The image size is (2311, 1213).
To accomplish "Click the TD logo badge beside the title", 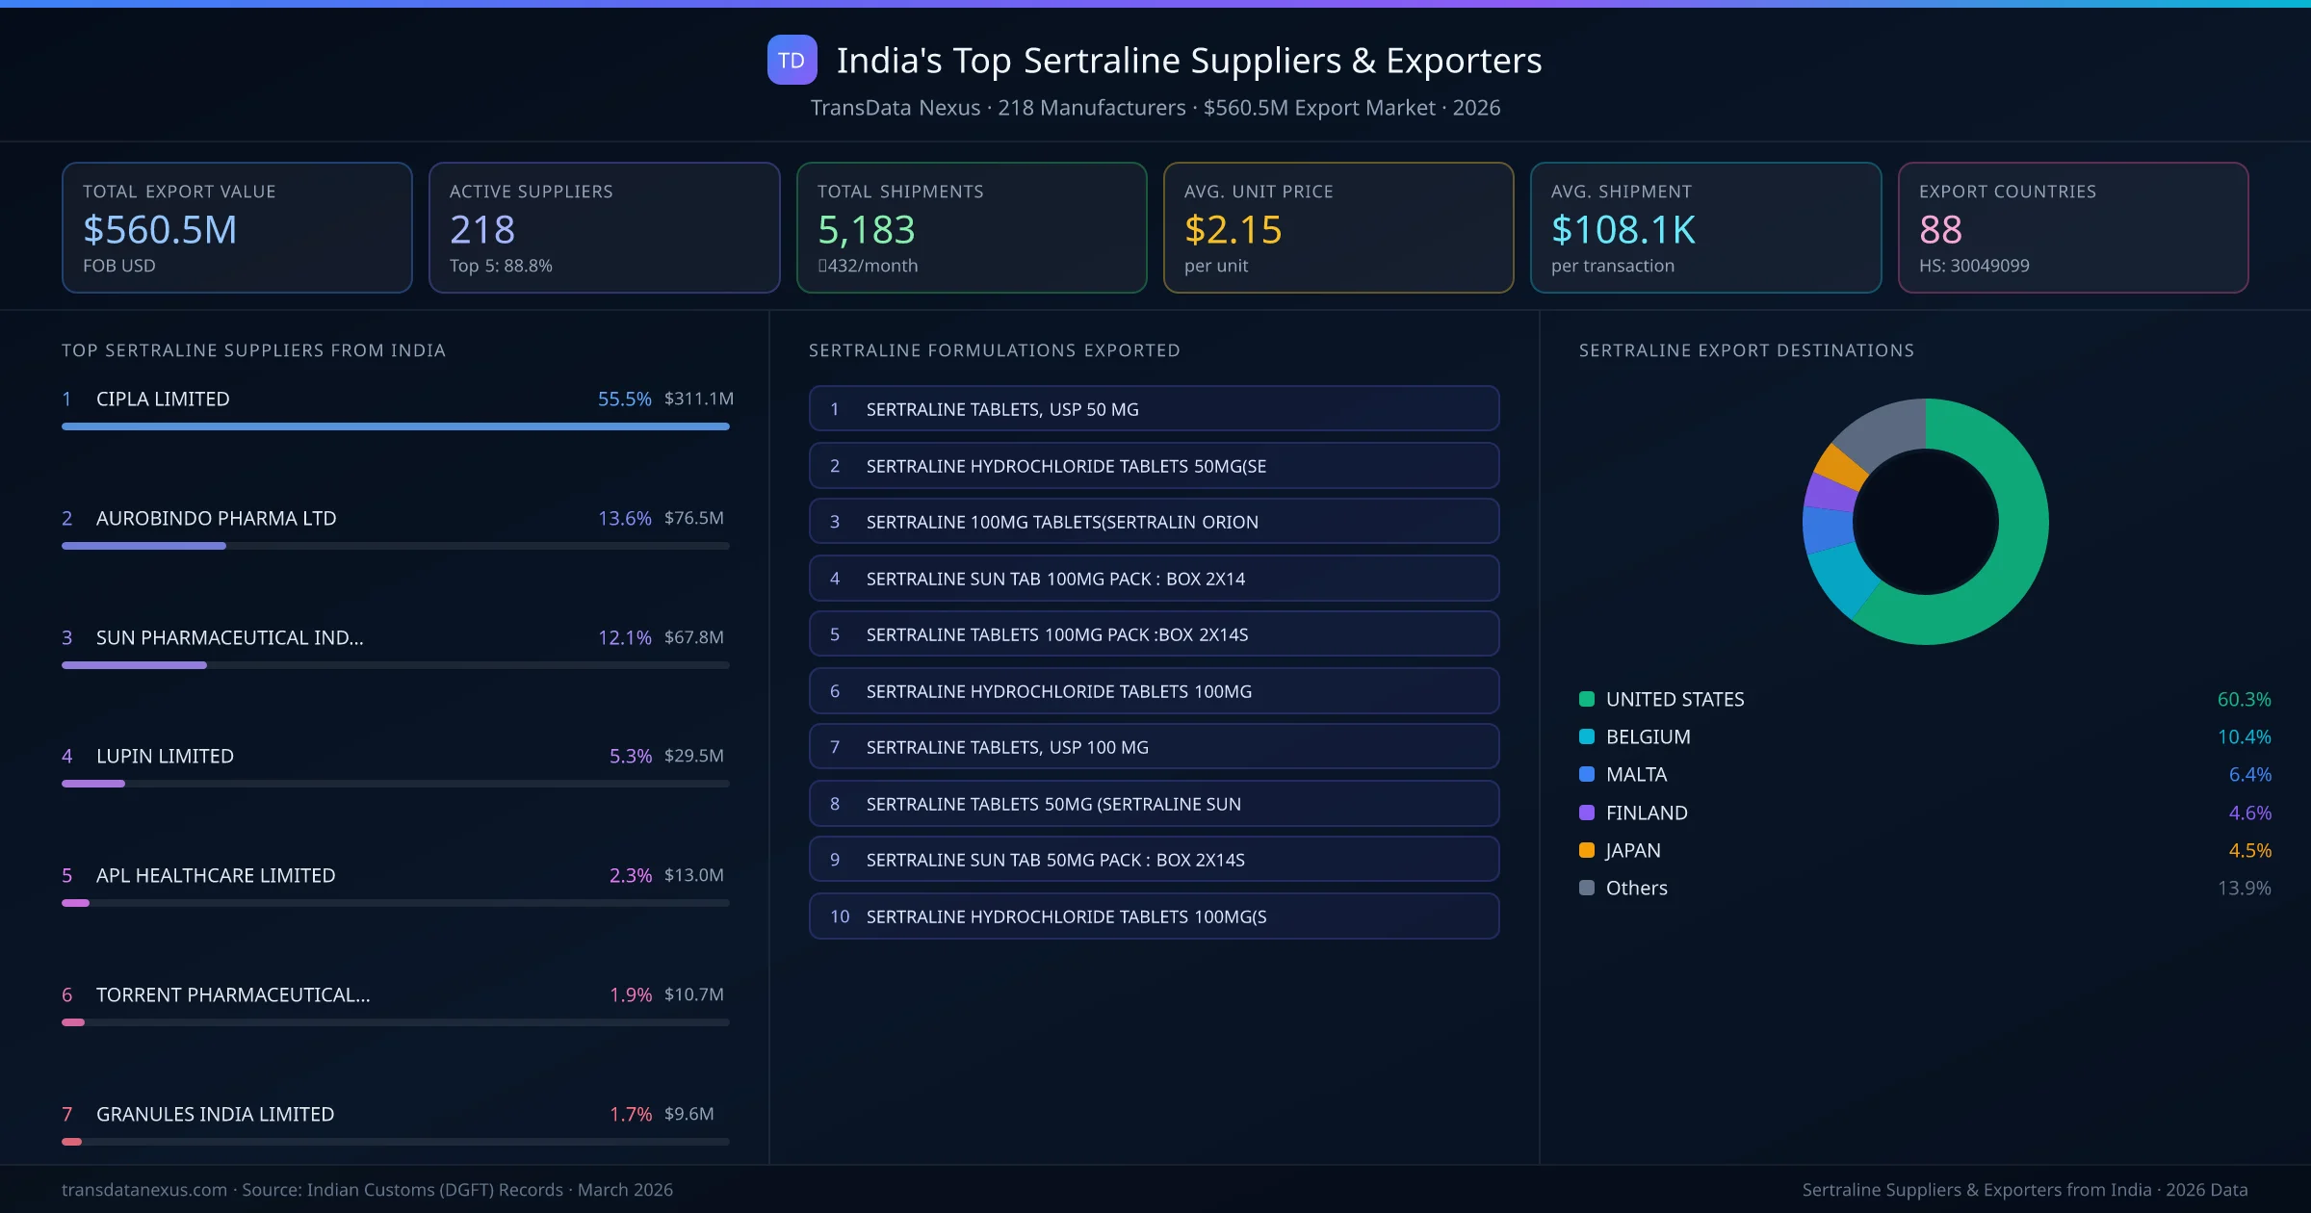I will (x=792, y=60).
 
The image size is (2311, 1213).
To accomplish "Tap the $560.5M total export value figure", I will (x=160, y=229).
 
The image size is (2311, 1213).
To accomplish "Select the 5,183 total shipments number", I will (x=866, y=229).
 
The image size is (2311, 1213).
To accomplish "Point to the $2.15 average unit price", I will (x=1233, y=229).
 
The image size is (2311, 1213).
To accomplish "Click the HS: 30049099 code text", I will (x=1973, y=266).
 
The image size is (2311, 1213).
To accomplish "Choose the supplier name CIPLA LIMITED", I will (x=163, y=399).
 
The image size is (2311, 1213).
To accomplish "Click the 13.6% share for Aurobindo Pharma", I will (x=624, y=518).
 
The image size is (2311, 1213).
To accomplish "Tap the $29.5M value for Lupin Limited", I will (x=693, y=756).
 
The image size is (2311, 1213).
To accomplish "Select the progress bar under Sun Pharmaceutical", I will (x=395, y=665).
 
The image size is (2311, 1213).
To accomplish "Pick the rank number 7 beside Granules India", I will (x=67, y=1114).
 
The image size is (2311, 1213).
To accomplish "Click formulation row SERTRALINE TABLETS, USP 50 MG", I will (x=1154, y=409).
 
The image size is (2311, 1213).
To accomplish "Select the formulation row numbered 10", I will (x=1154, y=916).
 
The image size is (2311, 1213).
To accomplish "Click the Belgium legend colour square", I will (x=1587, y=736).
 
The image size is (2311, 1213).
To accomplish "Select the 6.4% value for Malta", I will (x=2249, y=774).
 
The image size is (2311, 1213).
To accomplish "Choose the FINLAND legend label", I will (x=1647, y=813).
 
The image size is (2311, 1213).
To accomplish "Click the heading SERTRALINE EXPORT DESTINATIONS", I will (x=1746, y=350).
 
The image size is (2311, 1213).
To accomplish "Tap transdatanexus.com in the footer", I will (x=144, y=1190).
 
